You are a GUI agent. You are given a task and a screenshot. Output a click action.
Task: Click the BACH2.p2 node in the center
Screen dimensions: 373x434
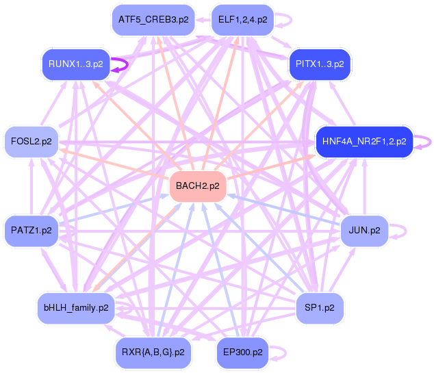point(198,186)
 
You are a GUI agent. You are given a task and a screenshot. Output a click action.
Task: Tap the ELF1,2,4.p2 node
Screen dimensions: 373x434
point(243,20)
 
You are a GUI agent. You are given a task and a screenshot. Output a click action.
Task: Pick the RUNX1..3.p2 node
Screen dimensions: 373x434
point(75,64)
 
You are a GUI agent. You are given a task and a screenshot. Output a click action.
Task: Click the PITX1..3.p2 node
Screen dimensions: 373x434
point(320,64)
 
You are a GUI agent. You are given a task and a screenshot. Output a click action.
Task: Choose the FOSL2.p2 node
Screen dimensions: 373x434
point(31,142)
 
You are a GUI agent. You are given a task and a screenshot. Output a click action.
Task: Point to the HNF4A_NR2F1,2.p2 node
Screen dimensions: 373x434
point(363,142)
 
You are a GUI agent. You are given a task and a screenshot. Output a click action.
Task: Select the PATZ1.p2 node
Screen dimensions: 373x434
point(31,231)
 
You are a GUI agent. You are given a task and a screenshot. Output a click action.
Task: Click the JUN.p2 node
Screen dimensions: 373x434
point(364,231)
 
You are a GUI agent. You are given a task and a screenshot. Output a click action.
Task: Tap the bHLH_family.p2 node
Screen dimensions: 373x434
point(75,308)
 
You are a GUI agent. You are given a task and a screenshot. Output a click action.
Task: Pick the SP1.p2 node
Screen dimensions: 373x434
point(320,308)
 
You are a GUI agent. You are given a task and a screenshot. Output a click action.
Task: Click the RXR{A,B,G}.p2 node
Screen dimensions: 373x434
point(153,352)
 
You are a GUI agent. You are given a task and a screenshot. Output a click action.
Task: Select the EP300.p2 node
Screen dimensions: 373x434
point(243,352)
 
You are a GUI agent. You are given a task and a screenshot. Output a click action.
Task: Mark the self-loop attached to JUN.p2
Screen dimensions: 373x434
point(403,231)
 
